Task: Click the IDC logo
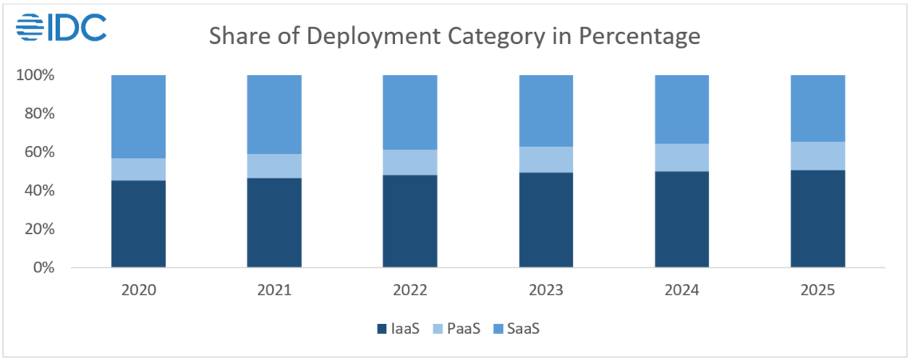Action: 61,27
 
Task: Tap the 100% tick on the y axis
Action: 34,75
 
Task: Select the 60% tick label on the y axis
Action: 38,152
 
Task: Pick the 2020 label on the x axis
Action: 138,290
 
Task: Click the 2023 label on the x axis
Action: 546,290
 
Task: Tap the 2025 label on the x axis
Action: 817,290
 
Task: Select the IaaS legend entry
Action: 397,329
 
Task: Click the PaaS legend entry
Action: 456,329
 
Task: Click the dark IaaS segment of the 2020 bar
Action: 138,224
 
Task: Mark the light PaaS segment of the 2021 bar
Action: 274,166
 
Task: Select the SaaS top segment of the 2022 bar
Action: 410,112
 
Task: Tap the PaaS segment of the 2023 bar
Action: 546,160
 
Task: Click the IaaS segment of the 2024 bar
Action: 682,219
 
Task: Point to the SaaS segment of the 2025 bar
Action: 817,108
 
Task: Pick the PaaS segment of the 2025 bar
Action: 817,156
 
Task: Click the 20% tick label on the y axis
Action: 38,229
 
